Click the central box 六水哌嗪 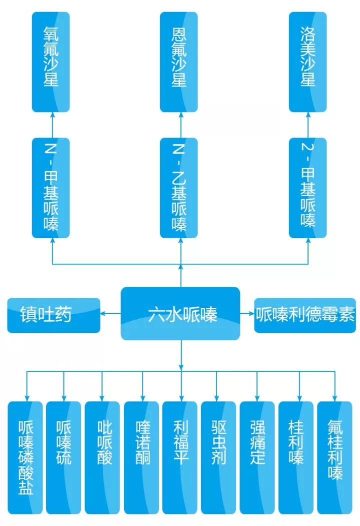point(180,314)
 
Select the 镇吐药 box point(53,315)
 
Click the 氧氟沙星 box point(51,62)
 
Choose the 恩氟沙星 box point(178,62)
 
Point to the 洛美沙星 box point(308,62)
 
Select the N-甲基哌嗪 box point(51,188)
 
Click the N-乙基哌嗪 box point(178,188)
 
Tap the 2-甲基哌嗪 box point(308,188)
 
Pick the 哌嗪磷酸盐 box point(25,457)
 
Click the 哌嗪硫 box point(63,457)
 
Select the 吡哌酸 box point(102,457)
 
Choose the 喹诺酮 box point(142,457)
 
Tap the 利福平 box point(180,457)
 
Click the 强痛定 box point(257,457)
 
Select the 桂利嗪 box point(296,457)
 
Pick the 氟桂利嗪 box point(335,457)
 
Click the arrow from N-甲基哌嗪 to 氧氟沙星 point(51,125)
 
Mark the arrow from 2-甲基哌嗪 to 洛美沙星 point(308,125)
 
